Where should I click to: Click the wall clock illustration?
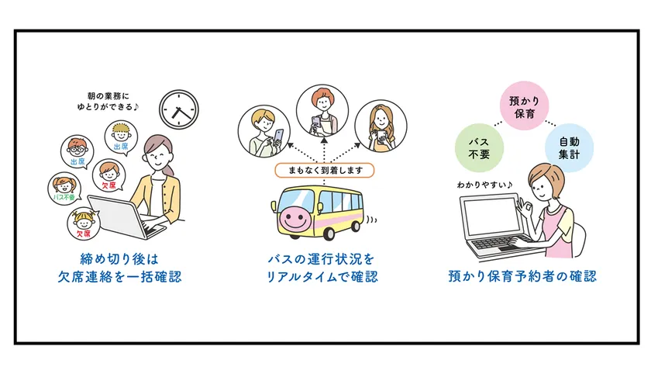coord(179,109)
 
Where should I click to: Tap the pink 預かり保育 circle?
coord(525,106)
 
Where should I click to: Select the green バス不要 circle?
coord(479,147)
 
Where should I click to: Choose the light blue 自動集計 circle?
coord(569,147)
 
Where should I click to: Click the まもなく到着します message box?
coord(324,170)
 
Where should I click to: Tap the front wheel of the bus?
coord(329,232)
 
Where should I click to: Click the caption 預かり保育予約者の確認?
coord(522,276)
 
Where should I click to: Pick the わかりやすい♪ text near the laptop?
coord(485,184)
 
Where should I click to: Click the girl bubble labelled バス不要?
coord(64,189)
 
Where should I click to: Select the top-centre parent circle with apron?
coord(322,110)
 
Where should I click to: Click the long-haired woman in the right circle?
coord(381,126)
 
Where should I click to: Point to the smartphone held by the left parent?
coord(278,137)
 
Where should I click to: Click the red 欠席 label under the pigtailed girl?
coord(84,234)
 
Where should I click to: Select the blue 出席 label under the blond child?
coord(121,147)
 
